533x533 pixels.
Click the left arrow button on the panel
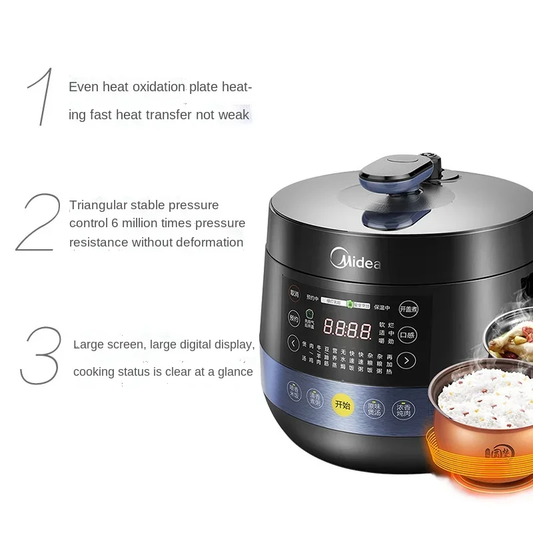294,344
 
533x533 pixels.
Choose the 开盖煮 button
408,309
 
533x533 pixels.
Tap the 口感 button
407,335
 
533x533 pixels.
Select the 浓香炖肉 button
403,409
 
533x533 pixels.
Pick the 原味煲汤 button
373,408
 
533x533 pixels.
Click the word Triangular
100,205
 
